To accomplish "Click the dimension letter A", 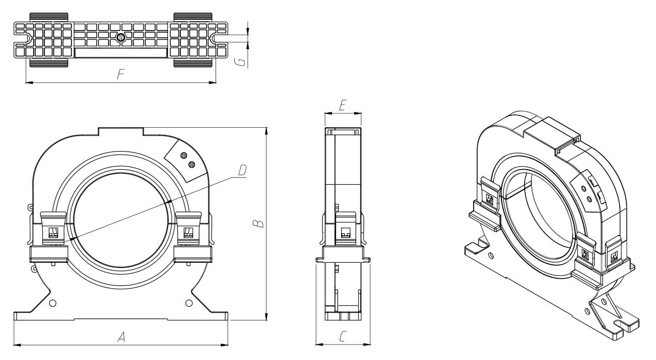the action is click(x=121, y=337).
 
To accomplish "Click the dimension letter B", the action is click(x=258, y=223).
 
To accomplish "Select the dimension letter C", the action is click(x=343, y=336).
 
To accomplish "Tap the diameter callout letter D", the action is click(x=242, y=170).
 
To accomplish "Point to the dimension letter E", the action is click(x=343, y=105).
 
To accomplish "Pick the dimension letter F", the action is click(x=120, y=74).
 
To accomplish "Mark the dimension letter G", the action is click(x=240, y=62).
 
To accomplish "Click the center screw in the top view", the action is click(x=120, y=37).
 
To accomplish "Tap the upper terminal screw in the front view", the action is click(x=184, y=156).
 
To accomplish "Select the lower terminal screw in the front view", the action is click(x=192, y=164).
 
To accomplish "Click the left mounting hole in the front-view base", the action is click(x=53, y=303).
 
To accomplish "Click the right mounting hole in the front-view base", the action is click(x=189, y=303).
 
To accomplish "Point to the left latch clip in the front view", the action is click(x=53, y=229).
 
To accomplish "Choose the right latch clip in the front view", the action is click(x=188, y=229).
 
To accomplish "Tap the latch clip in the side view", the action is click(x=345, y=229).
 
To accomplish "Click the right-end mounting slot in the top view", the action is click(x=220, y=38).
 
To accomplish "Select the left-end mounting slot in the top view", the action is click(x=21, y=38).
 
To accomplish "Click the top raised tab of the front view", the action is click(x=121, y=131).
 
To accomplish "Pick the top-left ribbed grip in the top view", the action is click(x=49, y=17).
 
